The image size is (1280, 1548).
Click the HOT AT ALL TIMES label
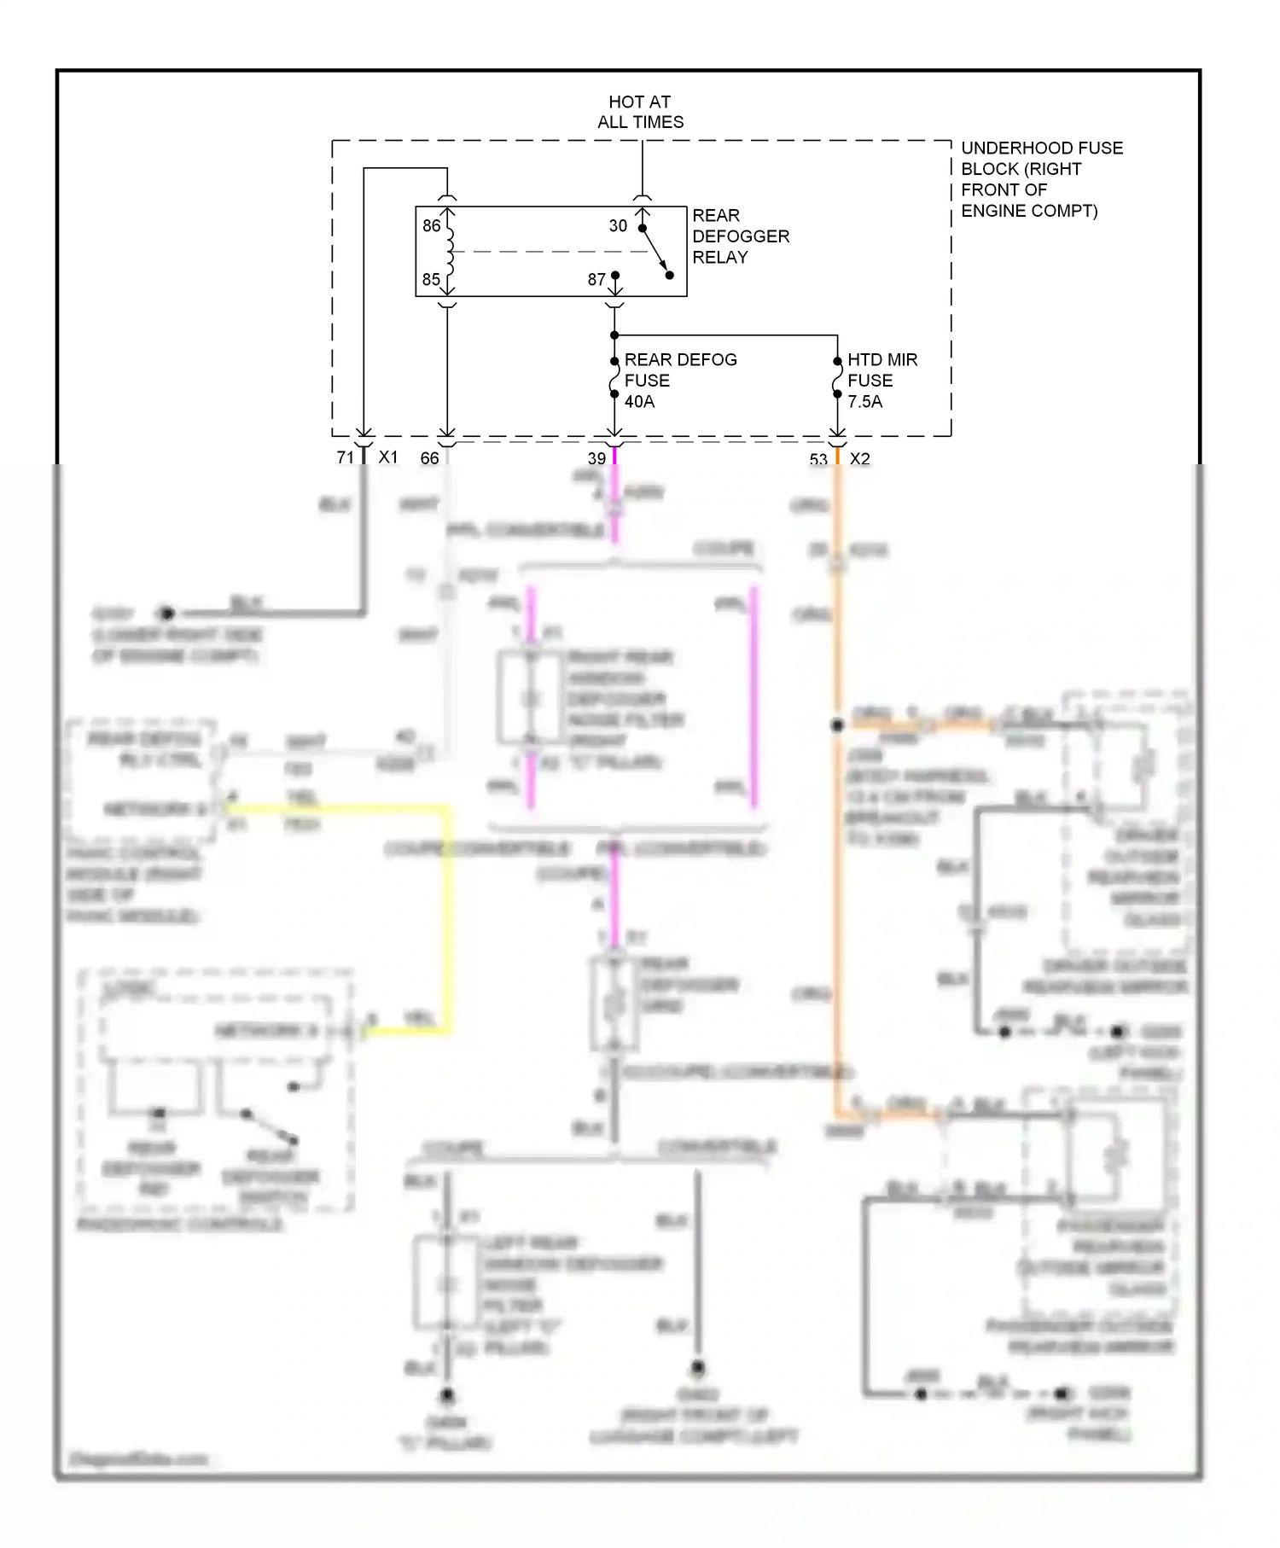640,112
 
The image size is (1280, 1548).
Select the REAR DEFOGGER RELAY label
740,236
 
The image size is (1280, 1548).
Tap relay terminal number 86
432,226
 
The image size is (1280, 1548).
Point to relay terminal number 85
432,280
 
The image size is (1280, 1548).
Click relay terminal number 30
618,226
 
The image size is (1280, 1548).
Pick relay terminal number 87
596,280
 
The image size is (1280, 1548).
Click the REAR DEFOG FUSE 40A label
679,381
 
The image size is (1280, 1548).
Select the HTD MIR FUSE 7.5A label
881,381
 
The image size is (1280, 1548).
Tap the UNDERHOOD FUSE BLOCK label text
1041,179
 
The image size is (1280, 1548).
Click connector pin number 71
345,458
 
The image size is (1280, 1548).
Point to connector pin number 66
429,458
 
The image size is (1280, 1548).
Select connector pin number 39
596,458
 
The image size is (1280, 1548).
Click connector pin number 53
818,460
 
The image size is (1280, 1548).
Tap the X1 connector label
388,457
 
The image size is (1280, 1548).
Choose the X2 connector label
860,459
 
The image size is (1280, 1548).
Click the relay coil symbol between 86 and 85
450,253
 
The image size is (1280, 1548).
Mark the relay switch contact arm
655,252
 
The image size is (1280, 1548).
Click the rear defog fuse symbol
614,377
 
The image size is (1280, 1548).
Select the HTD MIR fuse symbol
837,377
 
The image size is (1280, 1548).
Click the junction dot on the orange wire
837,725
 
